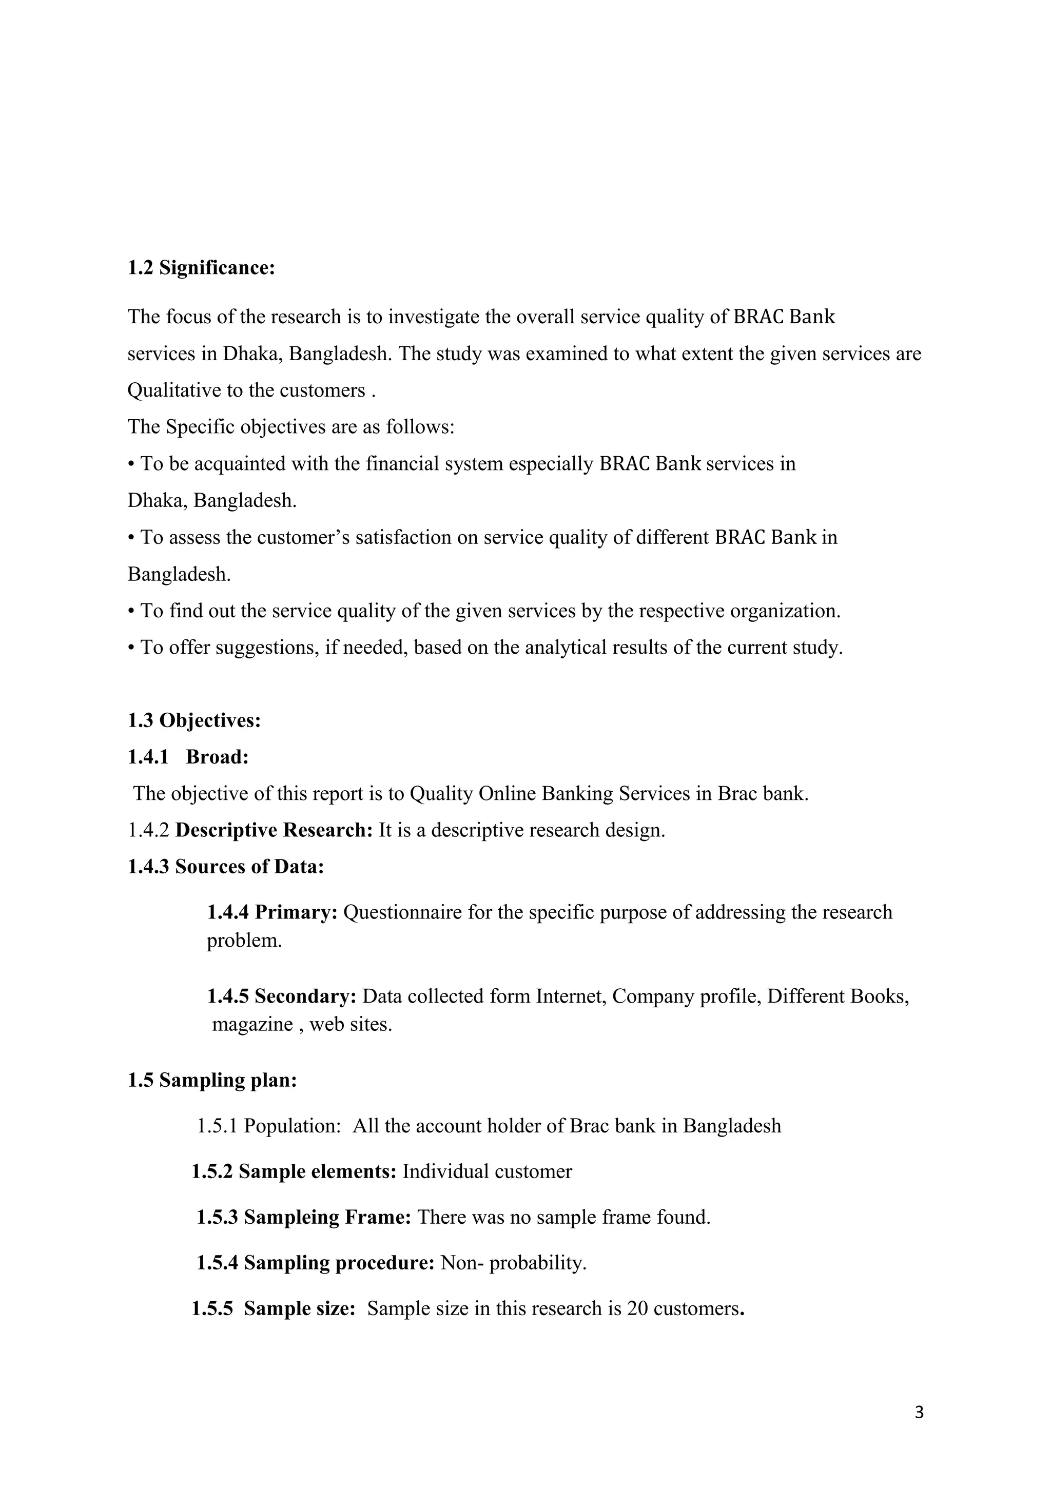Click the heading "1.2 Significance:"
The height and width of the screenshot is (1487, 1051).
pyautogui.click(x=201, y=267)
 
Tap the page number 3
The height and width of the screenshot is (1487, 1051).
pyautogui.click(x=919, y=1412)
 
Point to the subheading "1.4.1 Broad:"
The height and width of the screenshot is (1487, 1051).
pyautogui.click(x=188, y=757)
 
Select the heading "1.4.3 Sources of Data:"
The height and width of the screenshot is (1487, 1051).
pyautogui.click(x=225, y=867)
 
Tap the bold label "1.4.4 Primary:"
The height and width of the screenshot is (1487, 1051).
pyautogui.click(x=272, y=912)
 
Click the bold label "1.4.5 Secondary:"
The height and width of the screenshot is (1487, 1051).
pyautogui.click(x=282, y=996)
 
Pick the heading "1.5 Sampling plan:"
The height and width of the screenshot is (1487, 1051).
pyautogui.click(x=212, y=1080)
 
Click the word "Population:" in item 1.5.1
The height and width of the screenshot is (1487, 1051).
pyautogui.click(x=292, y=1126)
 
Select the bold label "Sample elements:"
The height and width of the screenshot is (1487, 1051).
pyautogui.click(x=317, y=1171)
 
